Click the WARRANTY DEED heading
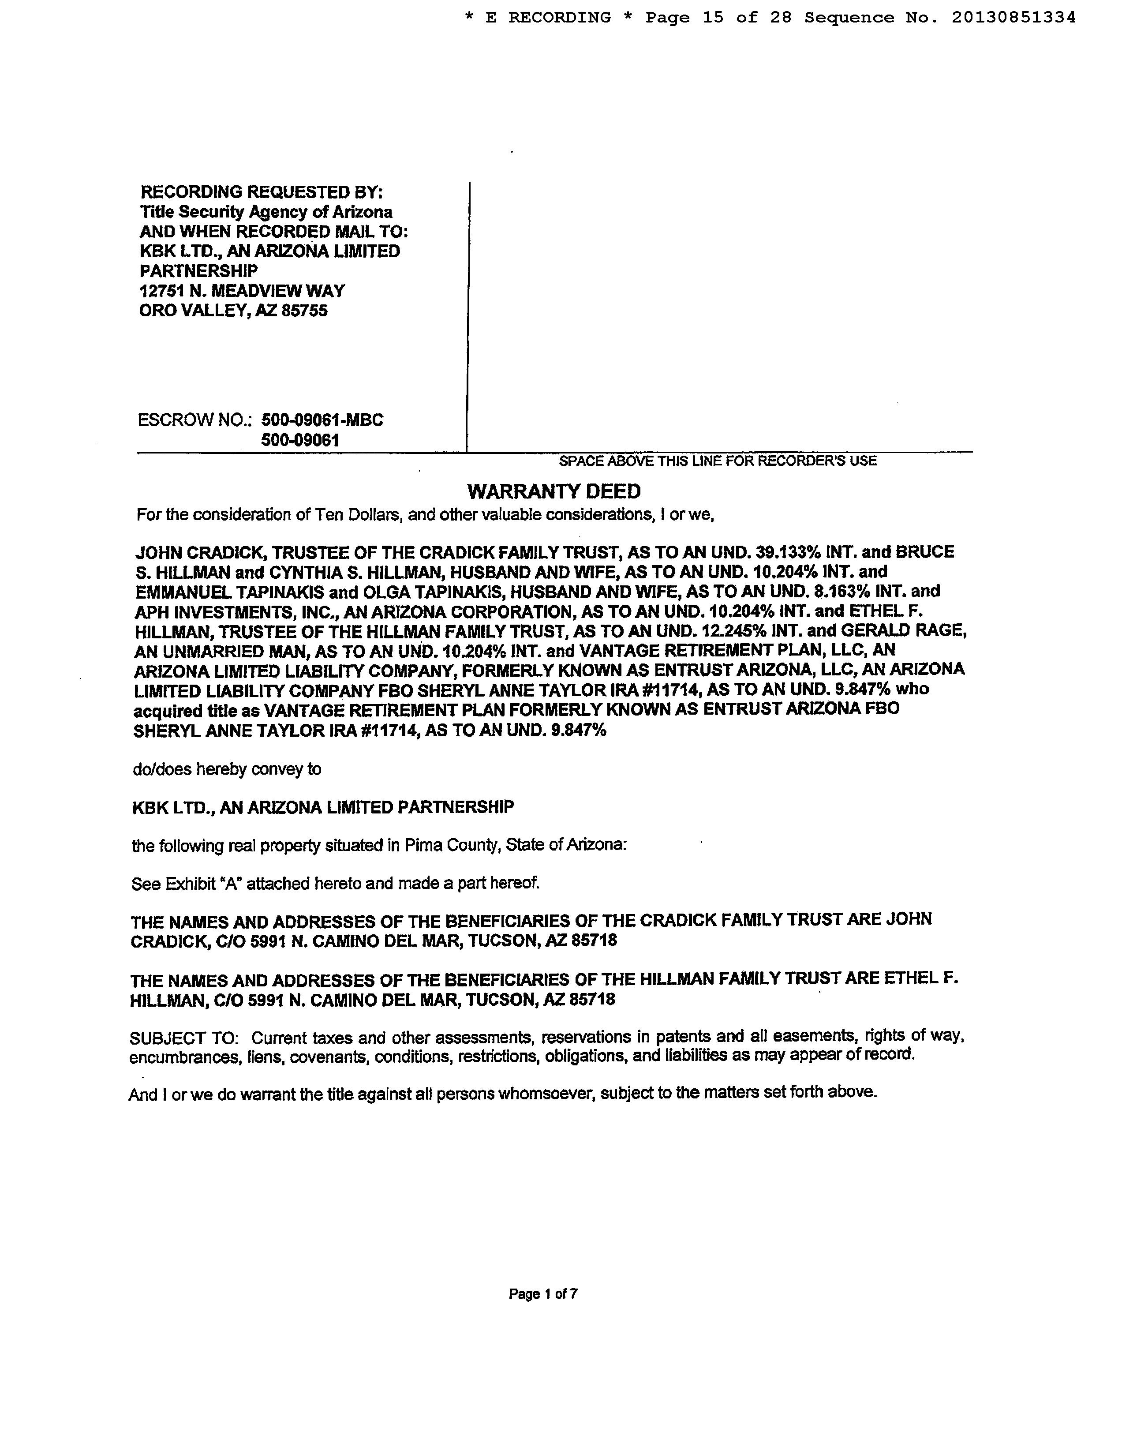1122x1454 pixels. (x=554, y=491)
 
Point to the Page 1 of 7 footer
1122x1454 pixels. (x=543, y=1293)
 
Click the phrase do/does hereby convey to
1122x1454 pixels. (x=227, y=770)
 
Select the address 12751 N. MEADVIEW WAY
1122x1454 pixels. (x=242, y=291)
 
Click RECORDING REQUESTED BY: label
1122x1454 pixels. (x=262, y=192)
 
